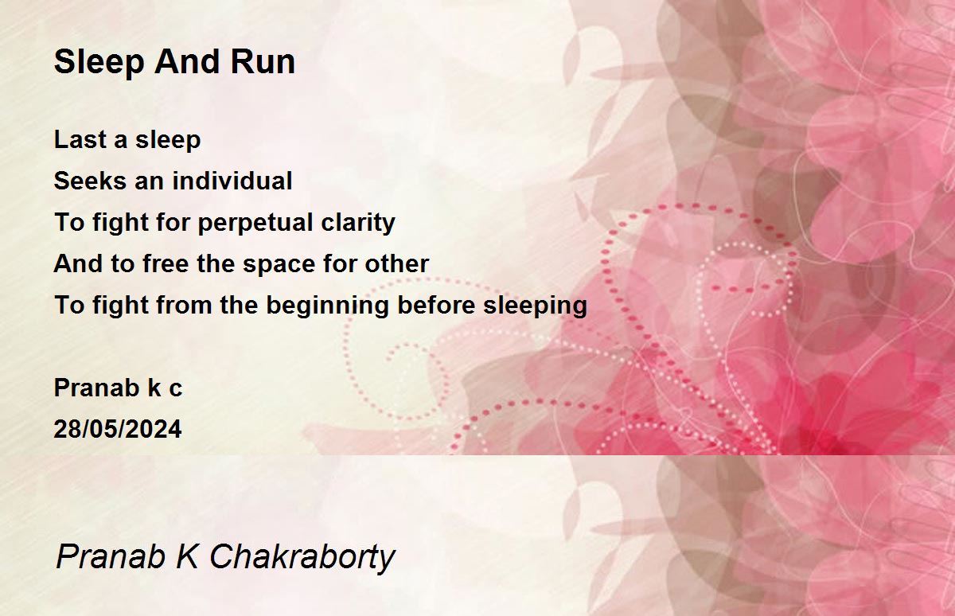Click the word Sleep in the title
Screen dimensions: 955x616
(x=99, y=63)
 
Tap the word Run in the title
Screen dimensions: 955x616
(x=263, y=62)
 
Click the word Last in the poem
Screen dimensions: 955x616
(x=80, y=139)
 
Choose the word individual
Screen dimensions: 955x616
(x=232, y=181)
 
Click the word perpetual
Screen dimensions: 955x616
(x=255, y=223)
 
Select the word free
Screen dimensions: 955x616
(x=166, y=263)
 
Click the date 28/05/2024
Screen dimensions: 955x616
(x=118, y=429)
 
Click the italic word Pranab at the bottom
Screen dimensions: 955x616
(x=111, y=556)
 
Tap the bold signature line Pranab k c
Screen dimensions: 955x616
(x=118, y=388)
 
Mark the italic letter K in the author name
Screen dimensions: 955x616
(x=187, y=556)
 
